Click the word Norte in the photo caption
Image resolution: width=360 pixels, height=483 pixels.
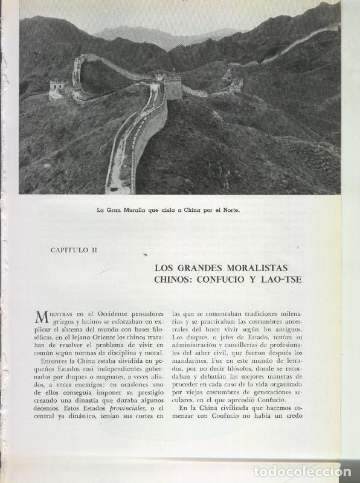click(230, 211)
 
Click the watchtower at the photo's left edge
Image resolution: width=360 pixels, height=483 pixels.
click(57, 88)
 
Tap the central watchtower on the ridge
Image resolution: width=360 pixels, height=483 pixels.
click(172, 88)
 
